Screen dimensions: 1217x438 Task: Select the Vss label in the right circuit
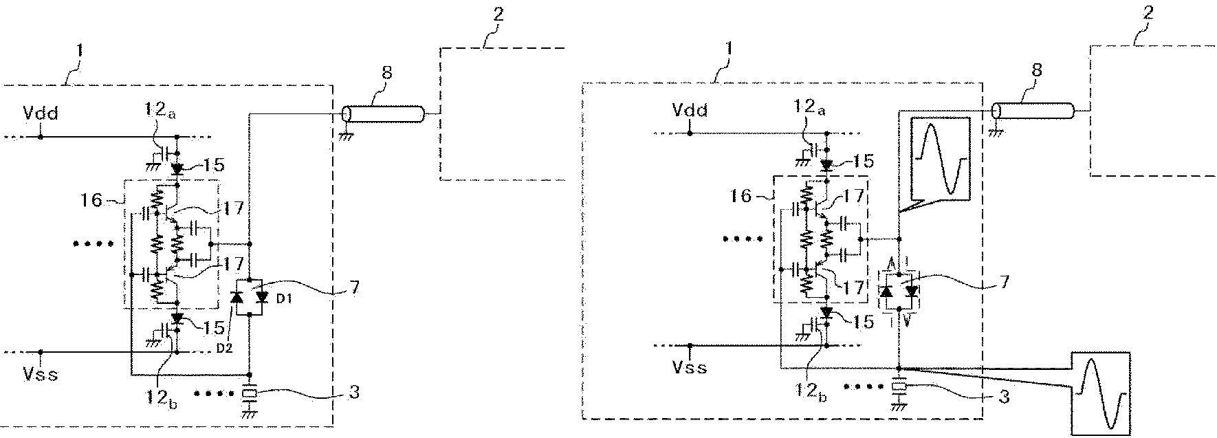click(x=689, y=367)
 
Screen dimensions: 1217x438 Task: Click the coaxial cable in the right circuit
click(x=1032, y=110)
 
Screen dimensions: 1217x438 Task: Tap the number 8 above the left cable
click(x=386, y=73)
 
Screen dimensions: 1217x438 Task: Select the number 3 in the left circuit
click(x=354, y=393)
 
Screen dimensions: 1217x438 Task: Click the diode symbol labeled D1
click(x=262, y=297)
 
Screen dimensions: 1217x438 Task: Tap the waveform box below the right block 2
click(x=1101, y=393)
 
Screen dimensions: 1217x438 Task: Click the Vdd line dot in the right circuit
click(x=690, y=133)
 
